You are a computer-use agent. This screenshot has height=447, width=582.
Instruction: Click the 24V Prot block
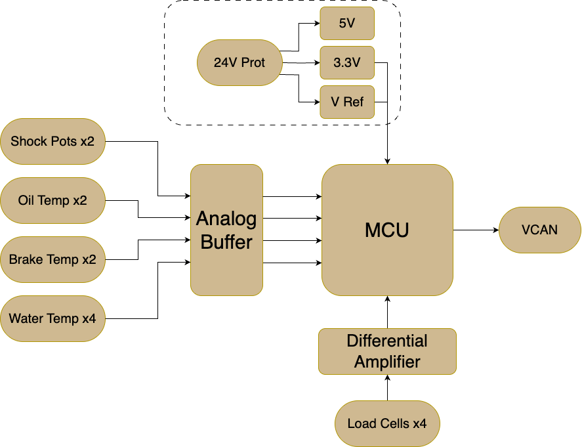(239, 63)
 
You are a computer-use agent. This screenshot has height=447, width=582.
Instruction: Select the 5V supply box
(347, 24)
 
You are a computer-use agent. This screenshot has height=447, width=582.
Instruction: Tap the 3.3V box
(347, 63)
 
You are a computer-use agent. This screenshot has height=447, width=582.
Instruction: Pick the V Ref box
(347, 102)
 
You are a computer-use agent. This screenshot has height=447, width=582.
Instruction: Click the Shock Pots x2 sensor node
(52, 141)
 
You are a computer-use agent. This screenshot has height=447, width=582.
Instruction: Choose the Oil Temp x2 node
(52, 200)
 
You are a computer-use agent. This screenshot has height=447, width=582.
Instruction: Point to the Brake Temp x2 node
(52, 259)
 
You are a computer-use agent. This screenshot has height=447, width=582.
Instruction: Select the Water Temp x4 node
(52, 318)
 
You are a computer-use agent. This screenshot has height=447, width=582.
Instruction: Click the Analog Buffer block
(227, 230)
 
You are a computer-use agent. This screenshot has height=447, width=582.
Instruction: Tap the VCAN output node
(540, 230)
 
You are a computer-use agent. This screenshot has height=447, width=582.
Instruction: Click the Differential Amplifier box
(388, 352)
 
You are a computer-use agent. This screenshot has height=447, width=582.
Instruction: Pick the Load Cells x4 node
(388, 423)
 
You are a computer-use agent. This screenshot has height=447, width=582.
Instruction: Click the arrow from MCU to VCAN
(476, 230)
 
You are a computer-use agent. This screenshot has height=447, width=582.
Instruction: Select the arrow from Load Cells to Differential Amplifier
(388, 388)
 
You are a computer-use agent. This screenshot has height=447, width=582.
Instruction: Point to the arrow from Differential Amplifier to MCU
(388, 312)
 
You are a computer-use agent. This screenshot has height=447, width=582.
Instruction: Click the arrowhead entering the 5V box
(318, 24)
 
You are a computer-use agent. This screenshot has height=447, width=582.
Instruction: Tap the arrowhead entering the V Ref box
(318, 102)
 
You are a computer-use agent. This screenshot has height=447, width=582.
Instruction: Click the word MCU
(387, 230)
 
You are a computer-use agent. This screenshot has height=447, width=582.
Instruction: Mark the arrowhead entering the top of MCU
(388, 161)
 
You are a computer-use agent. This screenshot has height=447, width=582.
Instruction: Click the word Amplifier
(388, 362)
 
